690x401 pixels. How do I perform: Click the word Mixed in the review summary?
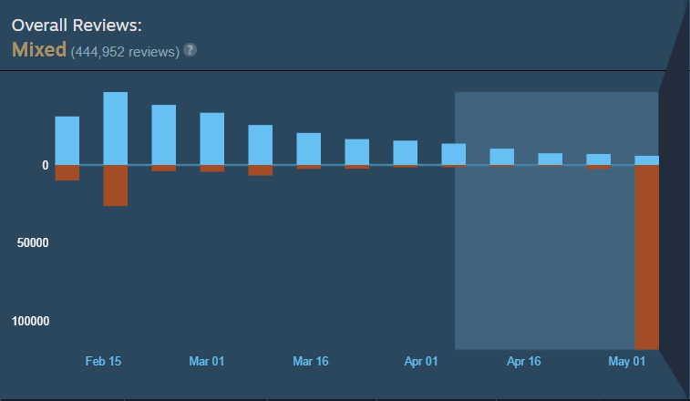click(39, 49)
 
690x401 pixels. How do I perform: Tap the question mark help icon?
click(190, 50)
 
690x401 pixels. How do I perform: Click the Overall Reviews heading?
click(77, 26)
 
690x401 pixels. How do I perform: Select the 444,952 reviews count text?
click(126, 52)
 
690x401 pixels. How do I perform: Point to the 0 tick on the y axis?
click(46, 165)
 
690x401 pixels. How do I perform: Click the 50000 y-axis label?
click(33, 242)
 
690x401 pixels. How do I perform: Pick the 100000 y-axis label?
click(30, 321)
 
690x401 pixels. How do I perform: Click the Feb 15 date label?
click(103, 362)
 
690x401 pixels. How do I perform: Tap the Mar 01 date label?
click(206, 362)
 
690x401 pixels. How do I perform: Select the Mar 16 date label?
click(311, 362)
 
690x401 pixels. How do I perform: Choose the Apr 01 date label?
click(421, 362)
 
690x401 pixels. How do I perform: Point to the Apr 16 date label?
click(524, 362)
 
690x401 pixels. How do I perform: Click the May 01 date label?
click(626, 362)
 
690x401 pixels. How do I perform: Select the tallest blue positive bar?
click(115, 129)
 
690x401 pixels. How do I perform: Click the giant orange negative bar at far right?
click(647, 258)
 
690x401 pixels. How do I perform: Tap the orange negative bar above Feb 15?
click(115, 186)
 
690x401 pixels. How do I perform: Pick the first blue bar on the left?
click(67, 141)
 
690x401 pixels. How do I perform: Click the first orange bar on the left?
click(67, 173)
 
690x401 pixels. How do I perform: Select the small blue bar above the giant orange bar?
click(647, 160)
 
